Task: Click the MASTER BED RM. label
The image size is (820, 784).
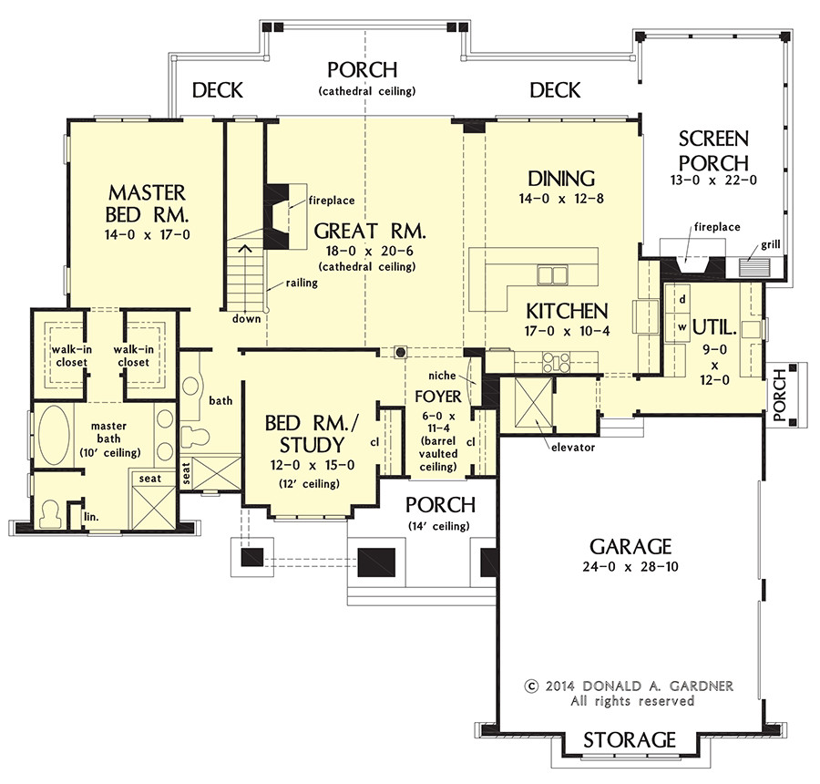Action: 146,204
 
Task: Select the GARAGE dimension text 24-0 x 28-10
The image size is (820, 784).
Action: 630,566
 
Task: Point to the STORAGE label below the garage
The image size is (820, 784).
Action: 630,739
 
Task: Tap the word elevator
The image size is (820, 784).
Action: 572,447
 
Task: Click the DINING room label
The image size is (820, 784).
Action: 561,179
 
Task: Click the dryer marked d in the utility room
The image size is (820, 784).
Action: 681,299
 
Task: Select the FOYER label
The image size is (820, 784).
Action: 432,397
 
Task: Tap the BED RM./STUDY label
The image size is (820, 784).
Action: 305,435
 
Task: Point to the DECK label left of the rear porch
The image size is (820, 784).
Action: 218,89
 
